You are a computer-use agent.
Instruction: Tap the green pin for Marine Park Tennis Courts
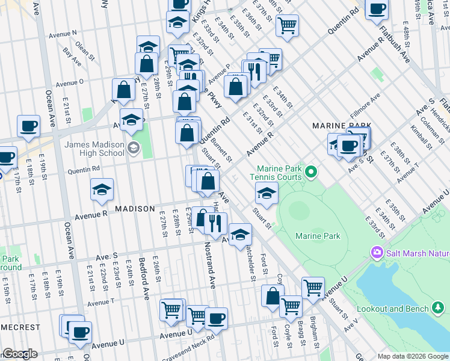[x=310, y=173]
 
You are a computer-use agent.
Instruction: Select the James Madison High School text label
[x=94, y=148]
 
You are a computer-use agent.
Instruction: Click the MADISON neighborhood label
[x=135, y=208]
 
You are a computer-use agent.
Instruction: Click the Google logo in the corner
[x=20, y=354]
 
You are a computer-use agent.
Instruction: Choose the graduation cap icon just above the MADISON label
[x=102, y=190]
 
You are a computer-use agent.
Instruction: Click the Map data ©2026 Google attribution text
[x=412, y=356]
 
